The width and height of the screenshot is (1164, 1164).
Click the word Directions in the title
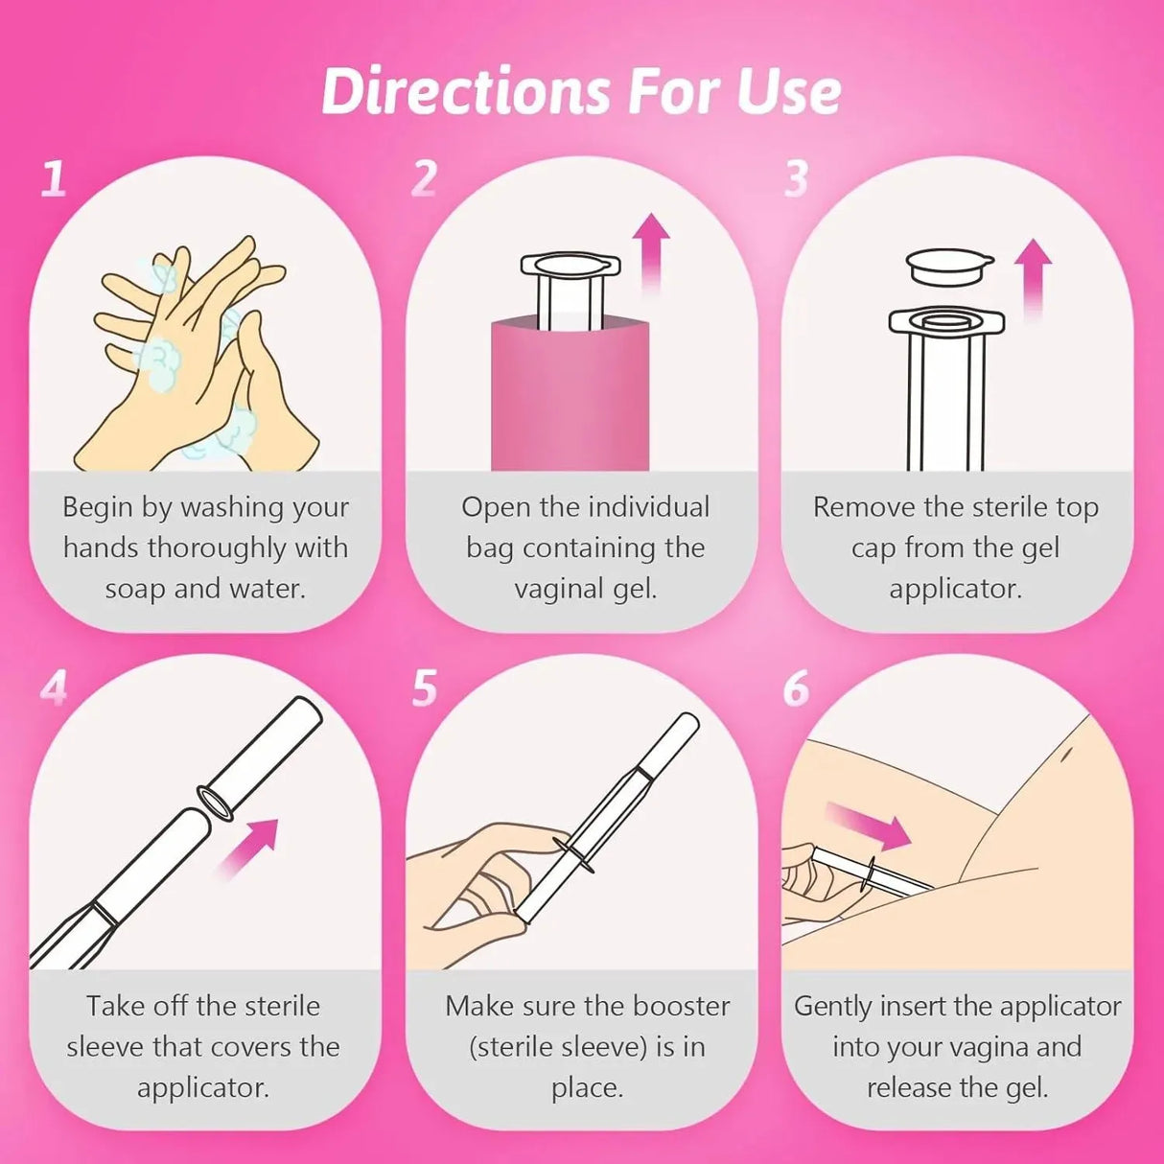coord(466,92)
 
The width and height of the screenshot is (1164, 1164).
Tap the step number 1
coord(54,178)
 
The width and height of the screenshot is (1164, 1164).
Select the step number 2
coord(424,178)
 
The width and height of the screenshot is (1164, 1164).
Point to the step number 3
coord(796,178)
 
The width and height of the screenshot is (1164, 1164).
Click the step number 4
coord(55,687)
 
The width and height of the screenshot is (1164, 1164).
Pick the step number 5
coord(425,687)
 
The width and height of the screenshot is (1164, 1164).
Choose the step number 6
coord(796,687)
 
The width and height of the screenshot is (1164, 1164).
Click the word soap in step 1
coord(136,589)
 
